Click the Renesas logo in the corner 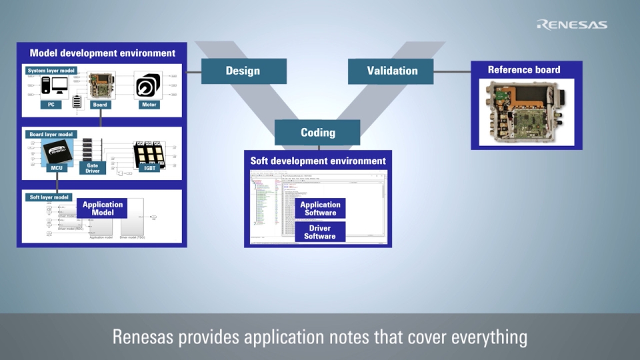coord(571,25)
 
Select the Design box coord(243,71)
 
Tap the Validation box coord(391,71)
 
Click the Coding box coord(317,132)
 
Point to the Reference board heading coord(523,69)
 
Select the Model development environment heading coord(102,53)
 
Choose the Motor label coord(148,105)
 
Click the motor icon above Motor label coord(148,86)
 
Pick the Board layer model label coord(51,133)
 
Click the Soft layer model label coord(49,197)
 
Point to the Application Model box coord(102,208)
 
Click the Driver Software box coord(320,232)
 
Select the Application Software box coord(320,209)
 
